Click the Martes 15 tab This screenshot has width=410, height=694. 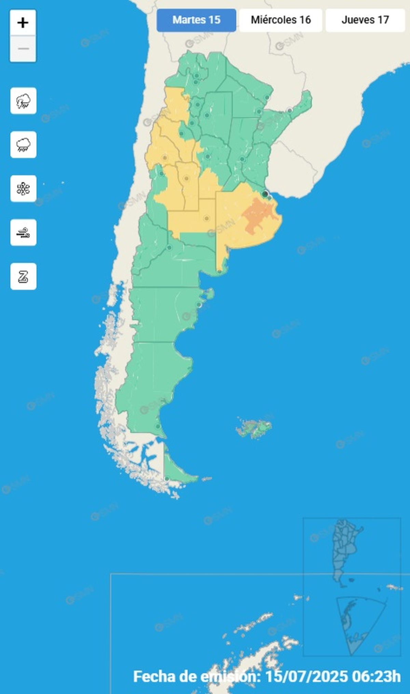click(x=196, y=20)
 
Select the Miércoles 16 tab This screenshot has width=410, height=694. click(x=281, y=20)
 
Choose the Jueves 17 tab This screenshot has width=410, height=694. click(x=365, y=20)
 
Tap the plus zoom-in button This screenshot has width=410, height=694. click(x=23, y=23)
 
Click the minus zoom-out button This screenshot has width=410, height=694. click(x=23, y=49)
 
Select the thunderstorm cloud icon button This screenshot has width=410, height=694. click(x=23, y=101)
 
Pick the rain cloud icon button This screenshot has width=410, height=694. click(x=23, y=145)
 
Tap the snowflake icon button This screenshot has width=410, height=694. click(x=23, y=189)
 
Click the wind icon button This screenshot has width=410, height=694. click(x=23, y=233)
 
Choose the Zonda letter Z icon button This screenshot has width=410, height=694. click(x=23, y=276)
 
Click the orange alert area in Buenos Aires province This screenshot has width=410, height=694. click(x=258, y=215)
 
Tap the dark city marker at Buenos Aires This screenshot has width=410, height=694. click(x=265, y=194)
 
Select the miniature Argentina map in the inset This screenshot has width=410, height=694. click(x=345, y=549)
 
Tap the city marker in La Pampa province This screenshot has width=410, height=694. click(x=206, y=218)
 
